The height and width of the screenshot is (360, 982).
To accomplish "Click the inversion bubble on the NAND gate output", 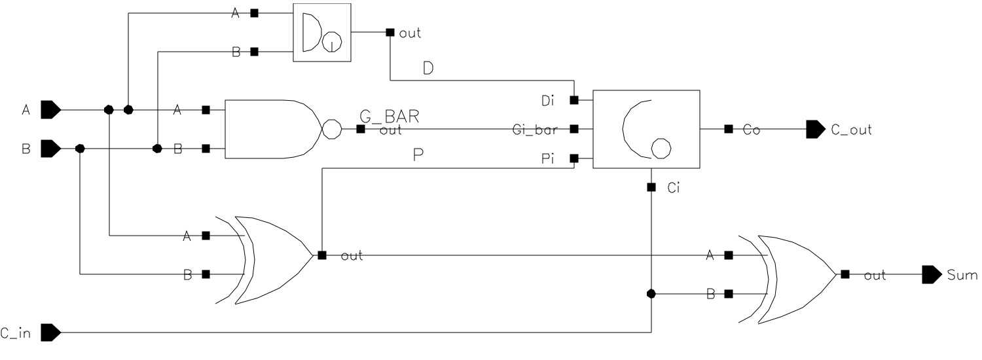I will pyautogui.click(x=331, y=129).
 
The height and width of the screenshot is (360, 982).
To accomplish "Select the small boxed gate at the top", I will pyautogui.click(x=321, y=33).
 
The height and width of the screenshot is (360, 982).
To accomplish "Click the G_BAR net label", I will pyautogui.click(x=390, y=117).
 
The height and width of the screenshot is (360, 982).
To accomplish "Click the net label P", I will pyautogui.click(x=418, y=156).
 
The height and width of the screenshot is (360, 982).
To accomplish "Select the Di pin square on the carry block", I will pyautogui.click(x=574, y=100).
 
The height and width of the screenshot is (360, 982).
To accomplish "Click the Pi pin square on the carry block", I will pyautogui.click(x=574, y=158).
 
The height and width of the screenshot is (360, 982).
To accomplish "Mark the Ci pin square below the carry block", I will pyautogui.click(x=651, y=188).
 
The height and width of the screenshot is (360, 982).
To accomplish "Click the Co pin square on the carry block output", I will pyautogui.click(x=728, y=130).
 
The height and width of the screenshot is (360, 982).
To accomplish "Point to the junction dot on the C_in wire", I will pyautogui.click(x=651, y=294).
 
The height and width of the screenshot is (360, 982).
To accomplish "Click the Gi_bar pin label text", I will pyautogui.click(x=535, y=130).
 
